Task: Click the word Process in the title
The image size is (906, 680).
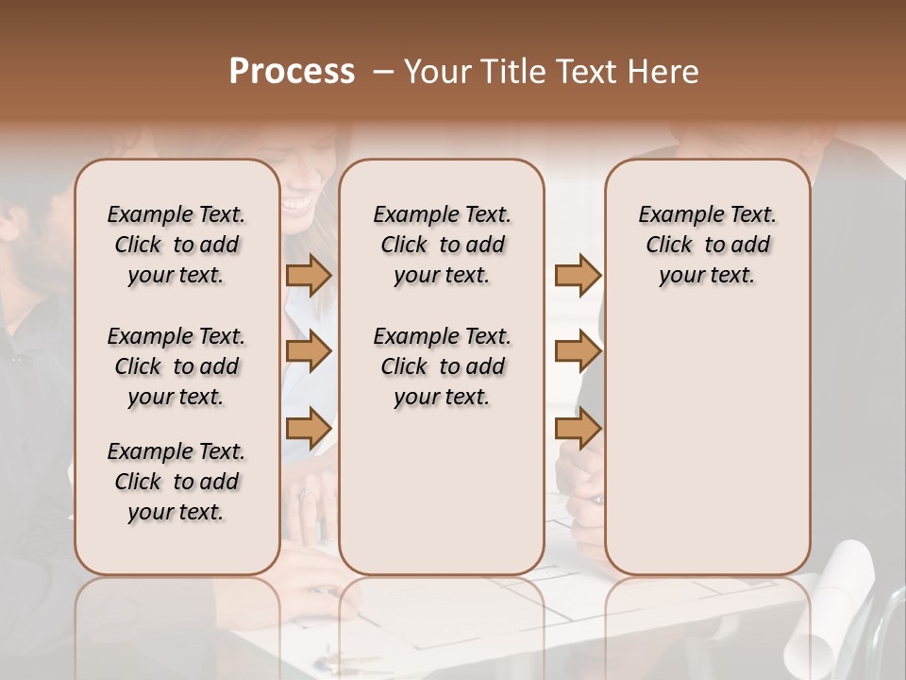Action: click(x=292, y=72)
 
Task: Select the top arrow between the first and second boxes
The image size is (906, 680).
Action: click(x=309, y=276)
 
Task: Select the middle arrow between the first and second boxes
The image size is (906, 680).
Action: click(x=309, y=351)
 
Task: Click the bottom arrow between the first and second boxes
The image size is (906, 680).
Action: click(x=309, y=428)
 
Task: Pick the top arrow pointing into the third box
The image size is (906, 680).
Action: click(x=578, y=276)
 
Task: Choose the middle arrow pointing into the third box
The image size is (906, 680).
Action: click(x=578, y=351)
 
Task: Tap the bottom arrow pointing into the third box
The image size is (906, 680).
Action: click(x=578, y=428)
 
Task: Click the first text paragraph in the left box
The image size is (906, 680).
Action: click(x=176, y=245)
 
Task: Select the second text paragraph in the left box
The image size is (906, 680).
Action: click(x=176, y=366)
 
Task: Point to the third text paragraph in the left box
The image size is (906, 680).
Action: click(x=176, y=482)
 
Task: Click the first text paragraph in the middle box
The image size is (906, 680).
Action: click(x=443, y=245)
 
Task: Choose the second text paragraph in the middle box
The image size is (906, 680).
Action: click(x=443, y=366)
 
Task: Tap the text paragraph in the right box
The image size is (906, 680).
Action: click(x=708, y=245)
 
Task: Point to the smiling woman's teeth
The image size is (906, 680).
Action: click(x=296, y=202)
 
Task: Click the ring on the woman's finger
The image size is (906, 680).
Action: click(x=305, y=493)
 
